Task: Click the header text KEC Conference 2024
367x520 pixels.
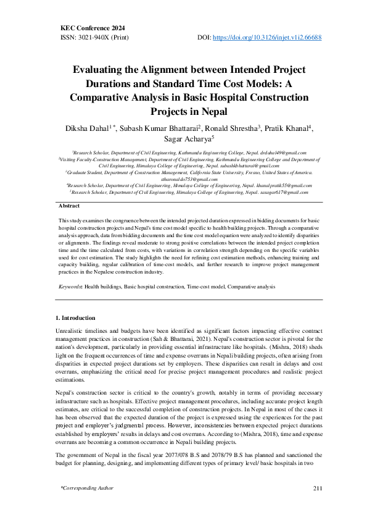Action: point(92,28)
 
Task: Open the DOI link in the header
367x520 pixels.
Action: point(266,37)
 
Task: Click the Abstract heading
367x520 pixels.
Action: point(69,205)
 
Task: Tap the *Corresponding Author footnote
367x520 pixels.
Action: point(86,489)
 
